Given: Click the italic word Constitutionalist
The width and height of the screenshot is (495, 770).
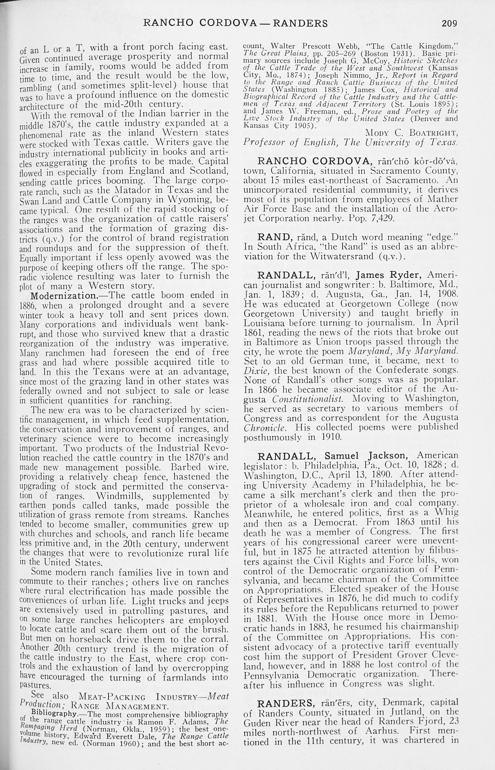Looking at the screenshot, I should (x=309, y=399).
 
